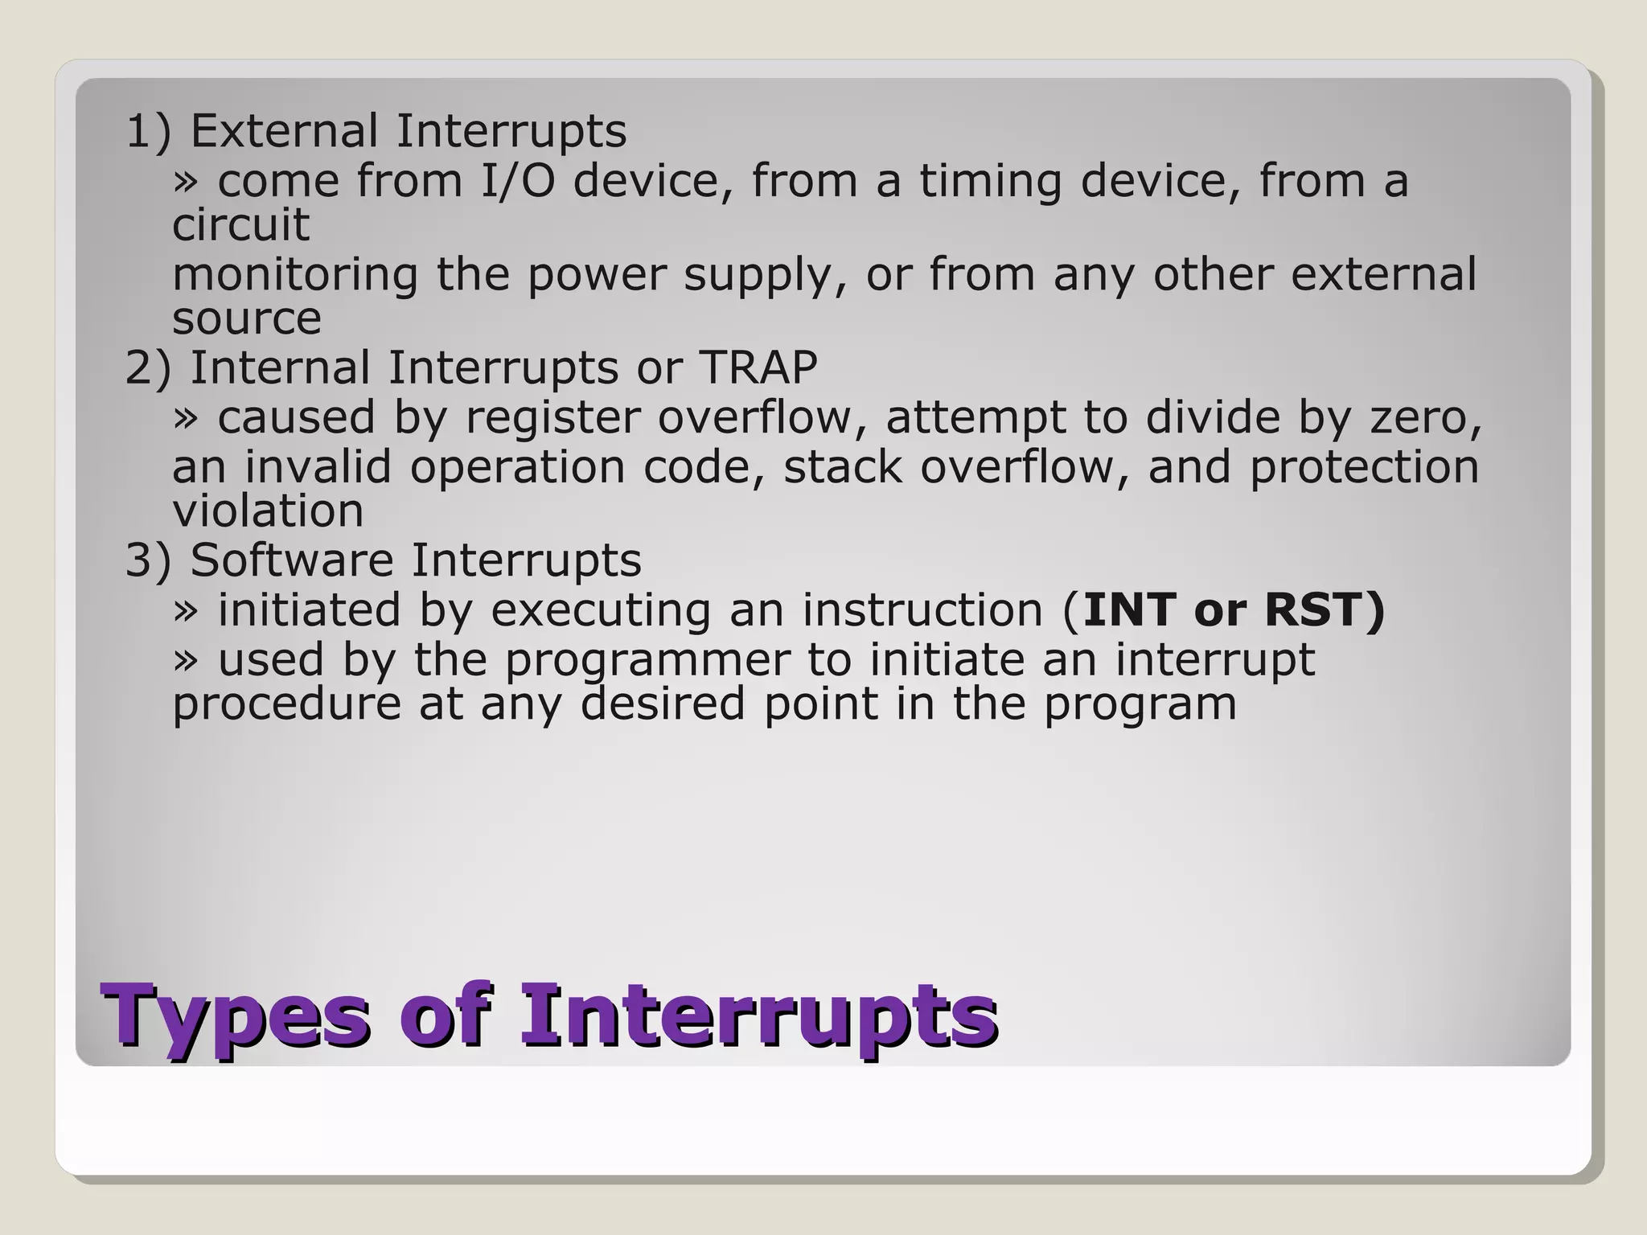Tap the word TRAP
(758, 368)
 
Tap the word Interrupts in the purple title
(758, 1015)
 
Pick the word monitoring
(295, 275)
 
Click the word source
(246, 318)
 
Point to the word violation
(268, 511)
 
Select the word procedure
(286, 704)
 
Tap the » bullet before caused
(185, 418)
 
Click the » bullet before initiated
(185, 610)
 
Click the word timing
(990, 180)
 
